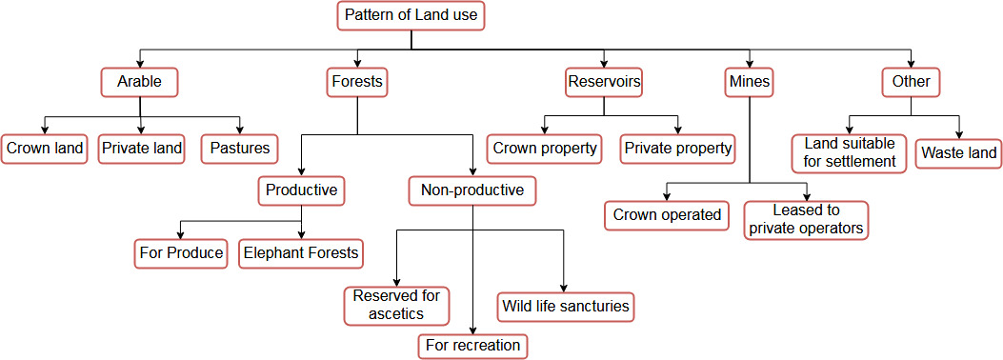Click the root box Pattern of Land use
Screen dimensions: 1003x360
click(x=411, y=15)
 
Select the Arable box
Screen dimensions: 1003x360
click(x=139, y=82)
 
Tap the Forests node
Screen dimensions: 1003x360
click(x=357, y=82)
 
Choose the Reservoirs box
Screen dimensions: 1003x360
click(x=604, y=82)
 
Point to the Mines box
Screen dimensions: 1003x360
click(x=749, y=82)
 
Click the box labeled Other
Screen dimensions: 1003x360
click(x=911, y=82)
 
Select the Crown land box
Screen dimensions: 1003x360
click(x=44, y=149)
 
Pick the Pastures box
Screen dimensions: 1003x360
click(x=239, y=149)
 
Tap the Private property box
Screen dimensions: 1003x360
click(x=677, y=149)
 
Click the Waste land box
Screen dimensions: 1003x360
click(x=958, y=153)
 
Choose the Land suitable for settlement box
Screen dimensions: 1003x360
click(x=850, y=152)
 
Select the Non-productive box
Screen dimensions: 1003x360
click(x=472, y=190)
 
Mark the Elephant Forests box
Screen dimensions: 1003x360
click(x=301, y=253)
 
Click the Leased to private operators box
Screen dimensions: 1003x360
click(x=806, y=220)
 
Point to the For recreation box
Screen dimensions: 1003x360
click(x=473, y=346)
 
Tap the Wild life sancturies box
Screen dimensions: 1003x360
click(x=566, y=307)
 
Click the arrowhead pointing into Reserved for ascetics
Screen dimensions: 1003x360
click(x=396, y=283)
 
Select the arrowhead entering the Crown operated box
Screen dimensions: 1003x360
click(x=667, y=195)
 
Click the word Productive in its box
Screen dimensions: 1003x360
click(x=301, y=190)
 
